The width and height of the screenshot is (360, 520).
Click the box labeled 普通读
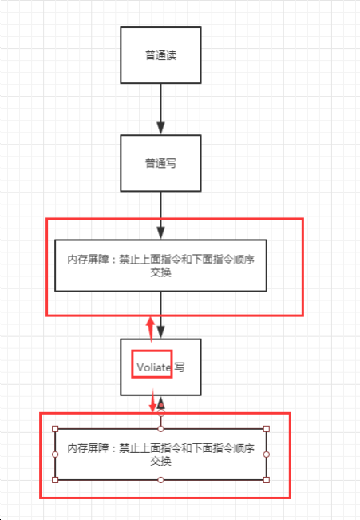point(160,55)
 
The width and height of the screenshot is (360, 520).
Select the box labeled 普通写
point(160,163)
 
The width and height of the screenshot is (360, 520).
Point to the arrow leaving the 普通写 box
point(160,215)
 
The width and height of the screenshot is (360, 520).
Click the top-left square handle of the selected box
point(55,429)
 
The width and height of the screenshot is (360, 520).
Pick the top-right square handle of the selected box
point(267,429)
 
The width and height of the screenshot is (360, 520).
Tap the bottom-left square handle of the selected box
point(55,480)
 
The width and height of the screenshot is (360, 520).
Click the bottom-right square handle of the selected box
point(267,480)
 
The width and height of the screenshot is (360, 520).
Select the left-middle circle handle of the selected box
point(55,455)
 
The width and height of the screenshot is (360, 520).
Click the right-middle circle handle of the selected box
point(267,455)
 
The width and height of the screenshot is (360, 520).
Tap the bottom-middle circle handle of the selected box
point(160,480)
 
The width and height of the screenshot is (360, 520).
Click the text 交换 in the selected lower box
point(160,461)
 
